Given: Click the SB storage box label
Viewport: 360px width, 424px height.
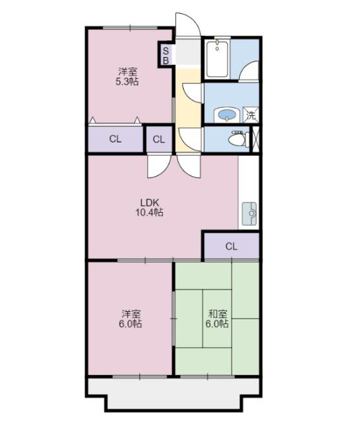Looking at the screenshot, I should click(165, 55).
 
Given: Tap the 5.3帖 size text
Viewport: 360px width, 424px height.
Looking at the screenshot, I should click(128, 81).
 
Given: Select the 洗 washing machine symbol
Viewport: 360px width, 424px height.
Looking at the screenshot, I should click(250, 115).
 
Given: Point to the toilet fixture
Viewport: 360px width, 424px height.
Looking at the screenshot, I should click(237, 139).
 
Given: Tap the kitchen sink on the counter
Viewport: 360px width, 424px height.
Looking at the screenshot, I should click(250, 213).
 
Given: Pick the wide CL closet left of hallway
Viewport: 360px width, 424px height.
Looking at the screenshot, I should click(116, 139).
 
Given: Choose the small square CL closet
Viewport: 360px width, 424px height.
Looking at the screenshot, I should click(159, 139).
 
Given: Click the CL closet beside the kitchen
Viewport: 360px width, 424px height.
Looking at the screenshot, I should click(231, 246).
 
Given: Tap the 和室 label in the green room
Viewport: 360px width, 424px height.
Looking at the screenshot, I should click(218, 314).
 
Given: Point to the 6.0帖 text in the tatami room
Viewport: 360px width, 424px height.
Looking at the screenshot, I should click(218, 325).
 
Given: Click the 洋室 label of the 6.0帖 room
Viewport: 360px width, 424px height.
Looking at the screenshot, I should click(131, 314).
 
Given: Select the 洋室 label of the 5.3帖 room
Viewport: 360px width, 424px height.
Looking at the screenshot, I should click(128, 71).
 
